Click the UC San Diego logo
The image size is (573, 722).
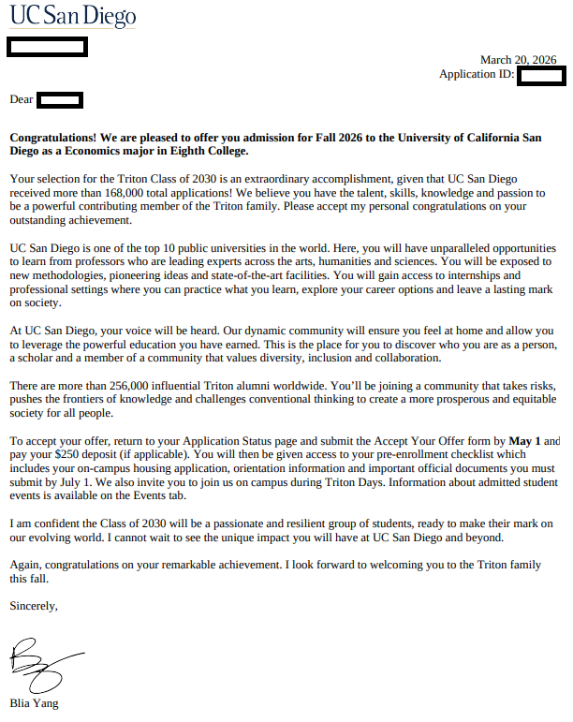click(x=72, y=16)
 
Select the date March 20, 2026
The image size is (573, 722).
click(x=518, y=60)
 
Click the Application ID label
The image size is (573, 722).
click(x=476, y=75)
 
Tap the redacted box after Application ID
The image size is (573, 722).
click(x=540, y=76)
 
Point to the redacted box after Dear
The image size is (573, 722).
click(x=61, y=99)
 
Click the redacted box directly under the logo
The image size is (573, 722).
click(x=47, y=46)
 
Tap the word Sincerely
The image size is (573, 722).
click(x=34, y=606)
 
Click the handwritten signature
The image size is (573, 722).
click(x=42, y=663)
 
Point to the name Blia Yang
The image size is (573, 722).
click(x=34, y=703)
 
